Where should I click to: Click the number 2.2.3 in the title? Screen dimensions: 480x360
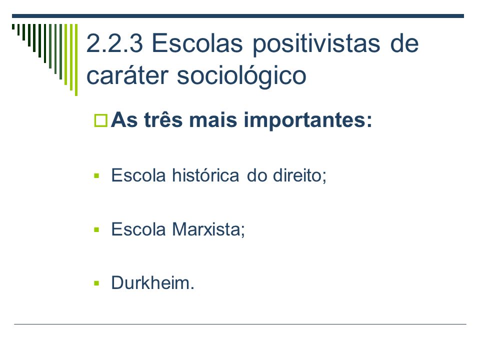click(114, 43)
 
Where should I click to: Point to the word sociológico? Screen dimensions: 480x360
click(241, 76)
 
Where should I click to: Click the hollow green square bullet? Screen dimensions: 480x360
click(100, 120)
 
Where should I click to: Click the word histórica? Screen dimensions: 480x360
click(205, 175)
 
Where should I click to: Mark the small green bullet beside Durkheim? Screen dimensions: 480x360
click(96, 283)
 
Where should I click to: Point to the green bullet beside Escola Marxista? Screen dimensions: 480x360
click(96, 229)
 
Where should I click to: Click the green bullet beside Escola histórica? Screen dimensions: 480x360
click(96, 175)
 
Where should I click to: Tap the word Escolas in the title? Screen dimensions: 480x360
click(197, 43)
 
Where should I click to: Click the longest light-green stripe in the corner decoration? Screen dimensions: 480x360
click(76, 59)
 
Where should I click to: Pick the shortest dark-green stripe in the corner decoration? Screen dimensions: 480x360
click(13, 26)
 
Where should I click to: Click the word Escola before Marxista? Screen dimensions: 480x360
click(138, 229)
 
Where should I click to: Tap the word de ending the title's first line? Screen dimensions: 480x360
click(404, 43)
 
